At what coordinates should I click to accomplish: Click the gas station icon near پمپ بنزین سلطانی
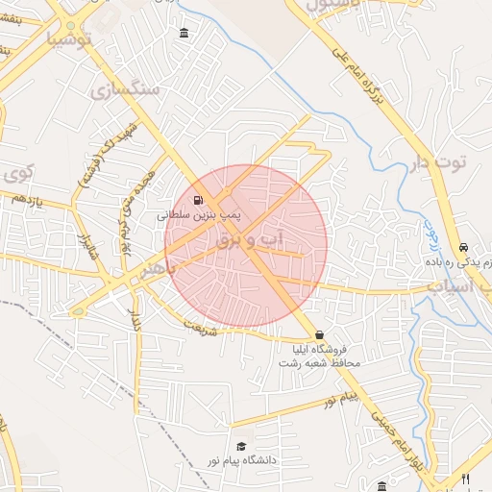pyautogui.click(x=198, y=201)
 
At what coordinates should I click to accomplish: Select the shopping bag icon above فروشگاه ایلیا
pyautogui.click(x=319, y=335)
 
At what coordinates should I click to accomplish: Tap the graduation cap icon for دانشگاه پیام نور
pyautogui.click(x=241, y=447)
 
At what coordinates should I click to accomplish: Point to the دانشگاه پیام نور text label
pyautogui.click(x=245, y=461)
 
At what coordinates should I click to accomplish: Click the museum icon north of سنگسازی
pyautogui.click(x=184, y=35)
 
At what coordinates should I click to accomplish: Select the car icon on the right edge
pyautogui.click(x=464, y=246)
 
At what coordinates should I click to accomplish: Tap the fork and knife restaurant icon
pyautogui.click(x=465, y=479)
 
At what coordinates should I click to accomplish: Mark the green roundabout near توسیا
pyautogui.click(x=70, y=24)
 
